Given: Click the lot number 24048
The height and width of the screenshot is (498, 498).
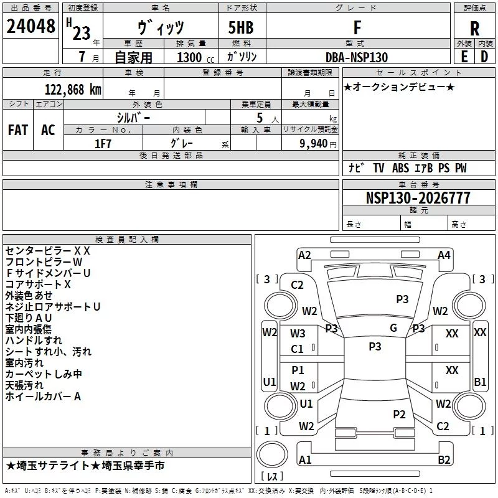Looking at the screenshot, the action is coord(31,26).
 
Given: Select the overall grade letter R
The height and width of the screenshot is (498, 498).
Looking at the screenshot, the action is coord(474,29).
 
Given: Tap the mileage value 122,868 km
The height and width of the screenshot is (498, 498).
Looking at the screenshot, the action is coord(73,90).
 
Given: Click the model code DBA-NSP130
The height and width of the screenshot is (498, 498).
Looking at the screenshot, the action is coord(357,57).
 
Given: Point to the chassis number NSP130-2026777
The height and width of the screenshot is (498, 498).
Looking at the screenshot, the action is coord(418,198).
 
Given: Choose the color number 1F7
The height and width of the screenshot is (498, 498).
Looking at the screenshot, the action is coord(103,144).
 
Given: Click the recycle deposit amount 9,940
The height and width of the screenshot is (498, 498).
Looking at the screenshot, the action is coord(314,144).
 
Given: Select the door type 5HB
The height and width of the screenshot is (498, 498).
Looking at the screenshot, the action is coord(241,27).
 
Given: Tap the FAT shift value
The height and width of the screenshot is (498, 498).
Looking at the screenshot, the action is coord(18,130).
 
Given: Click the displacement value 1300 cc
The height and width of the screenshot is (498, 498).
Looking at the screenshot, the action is coord(195,57).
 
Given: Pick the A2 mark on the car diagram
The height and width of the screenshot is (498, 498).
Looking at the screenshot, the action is coord(304,255).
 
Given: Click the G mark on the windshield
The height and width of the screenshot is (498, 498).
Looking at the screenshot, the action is coord(393,327).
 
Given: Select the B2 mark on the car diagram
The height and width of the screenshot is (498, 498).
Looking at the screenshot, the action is coord(444,459).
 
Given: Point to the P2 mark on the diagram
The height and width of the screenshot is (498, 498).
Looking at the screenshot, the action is coord(399,414).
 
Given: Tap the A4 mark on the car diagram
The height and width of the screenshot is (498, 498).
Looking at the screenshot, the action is coord(444,255).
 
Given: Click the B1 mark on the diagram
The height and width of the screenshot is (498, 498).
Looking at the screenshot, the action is coord(480,382).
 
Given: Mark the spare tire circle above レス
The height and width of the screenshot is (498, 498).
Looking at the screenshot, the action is coord(272,454).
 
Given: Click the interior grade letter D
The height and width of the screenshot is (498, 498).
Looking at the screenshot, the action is coord(484,57).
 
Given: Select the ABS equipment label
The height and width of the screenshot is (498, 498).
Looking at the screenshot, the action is coord(400,168).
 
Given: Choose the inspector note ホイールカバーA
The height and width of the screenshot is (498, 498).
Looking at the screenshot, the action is coord(43,397).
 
